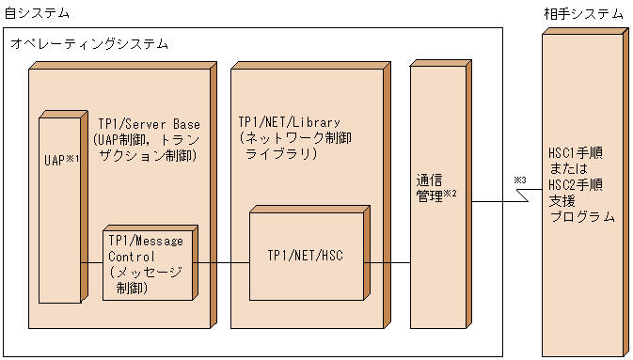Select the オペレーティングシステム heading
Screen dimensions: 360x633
(89, 43)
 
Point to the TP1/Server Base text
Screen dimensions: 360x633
(149, 123)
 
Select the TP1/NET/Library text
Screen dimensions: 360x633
(289, 123)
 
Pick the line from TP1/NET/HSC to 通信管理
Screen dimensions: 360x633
(388, 263)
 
